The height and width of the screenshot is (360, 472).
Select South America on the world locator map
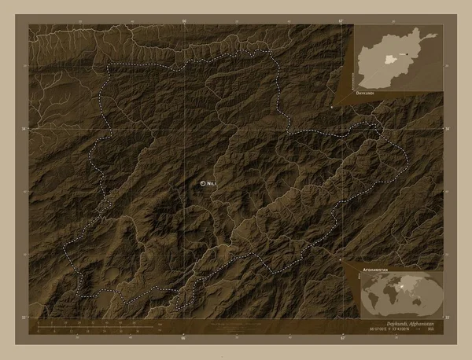374,306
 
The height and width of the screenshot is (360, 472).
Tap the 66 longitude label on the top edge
183,21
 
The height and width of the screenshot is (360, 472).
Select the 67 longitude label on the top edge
344,21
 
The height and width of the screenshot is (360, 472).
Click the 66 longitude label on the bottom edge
183,340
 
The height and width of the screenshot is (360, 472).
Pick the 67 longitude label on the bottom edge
344,340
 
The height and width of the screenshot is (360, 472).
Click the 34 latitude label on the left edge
24,128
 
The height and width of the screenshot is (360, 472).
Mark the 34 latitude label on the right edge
448,128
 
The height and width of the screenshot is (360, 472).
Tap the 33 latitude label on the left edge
24,317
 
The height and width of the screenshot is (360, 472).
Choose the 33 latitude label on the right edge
448,317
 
